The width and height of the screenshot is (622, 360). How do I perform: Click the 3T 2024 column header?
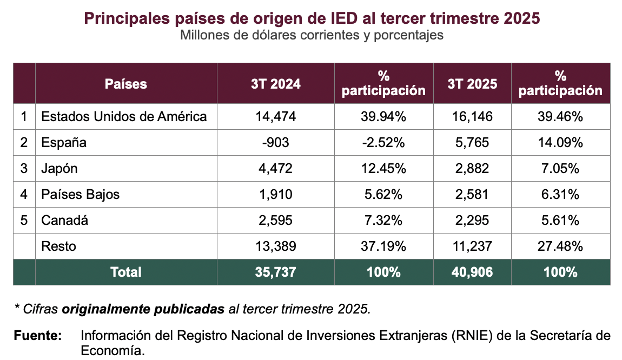(276, 84)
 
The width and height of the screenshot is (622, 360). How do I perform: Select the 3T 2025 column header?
(472, 84)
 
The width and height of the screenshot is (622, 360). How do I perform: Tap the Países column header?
(126, 84)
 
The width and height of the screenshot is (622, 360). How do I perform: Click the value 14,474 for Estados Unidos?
(276, 116)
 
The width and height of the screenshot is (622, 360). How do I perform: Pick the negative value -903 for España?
(276, 143)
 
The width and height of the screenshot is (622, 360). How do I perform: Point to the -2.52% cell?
(383, 143)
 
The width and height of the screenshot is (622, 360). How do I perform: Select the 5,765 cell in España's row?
(472, 143)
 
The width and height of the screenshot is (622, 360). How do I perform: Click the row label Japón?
(59, 169)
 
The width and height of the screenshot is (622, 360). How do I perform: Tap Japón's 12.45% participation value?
(383, 169)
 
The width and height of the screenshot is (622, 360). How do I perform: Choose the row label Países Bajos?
(81, 195)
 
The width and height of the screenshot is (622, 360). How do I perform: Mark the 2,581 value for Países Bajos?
(472, 195)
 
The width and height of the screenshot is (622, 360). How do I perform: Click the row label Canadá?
(64, 221)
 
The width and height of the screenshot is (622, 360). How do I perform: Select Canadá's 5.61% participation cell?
(560, 221)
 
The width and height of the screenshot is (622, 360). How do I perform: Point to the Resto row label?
(58, 246)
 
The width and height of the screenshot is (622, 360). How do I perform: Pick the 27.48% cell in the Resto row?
(560, 246)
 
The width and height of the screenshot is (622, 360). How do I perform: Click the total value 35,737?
(276, 272)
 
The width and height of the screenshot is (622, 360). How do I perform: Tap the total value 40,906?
(472, 272)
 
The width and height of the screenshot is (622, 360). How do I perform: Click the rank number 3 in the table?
(24, 169)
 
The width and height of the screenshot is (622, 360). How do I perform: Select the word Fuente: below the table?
(37, 336)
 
